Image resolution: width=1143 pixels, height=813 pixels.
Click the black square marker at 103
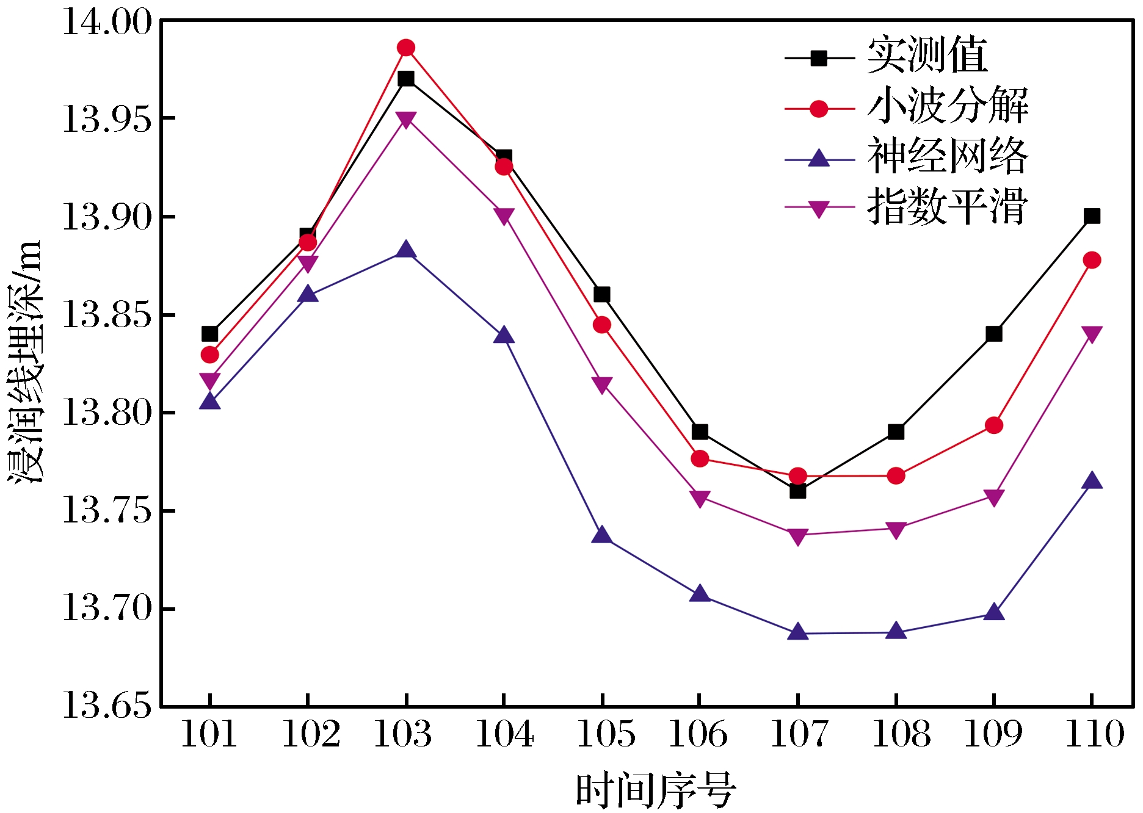point(406,79)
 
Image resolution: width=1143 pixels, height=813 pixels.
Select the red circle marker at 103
point(406,48)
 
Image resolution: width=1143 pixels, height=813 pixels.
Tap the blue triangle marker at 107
point(798,632)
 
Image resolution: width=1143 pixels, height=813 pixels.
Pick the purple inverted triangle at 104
point(504,216)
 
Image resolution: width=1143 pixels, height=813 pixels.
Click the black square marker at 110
point(1092,216)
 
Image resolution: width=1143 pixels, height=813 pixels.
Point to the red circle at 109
point(994,425)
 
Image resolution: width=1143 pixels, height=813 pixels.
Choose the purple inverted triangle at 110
point(1092,334)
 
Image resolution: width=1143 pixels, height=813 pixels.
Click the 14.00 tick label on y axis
point(107,23)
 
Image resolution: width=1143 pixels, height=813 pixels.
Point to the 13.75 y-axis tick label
point(107,510)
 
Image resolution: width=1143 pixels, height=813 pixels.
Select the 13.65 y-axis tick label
point(107,706)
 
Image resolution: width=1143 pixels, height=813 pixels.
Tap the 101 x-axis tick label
point(209,734)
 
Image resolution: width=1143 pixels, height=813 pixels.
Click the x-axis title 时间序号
point(656,791)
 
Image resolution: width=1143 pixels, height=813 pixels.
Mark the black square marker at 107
point(798,490)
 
